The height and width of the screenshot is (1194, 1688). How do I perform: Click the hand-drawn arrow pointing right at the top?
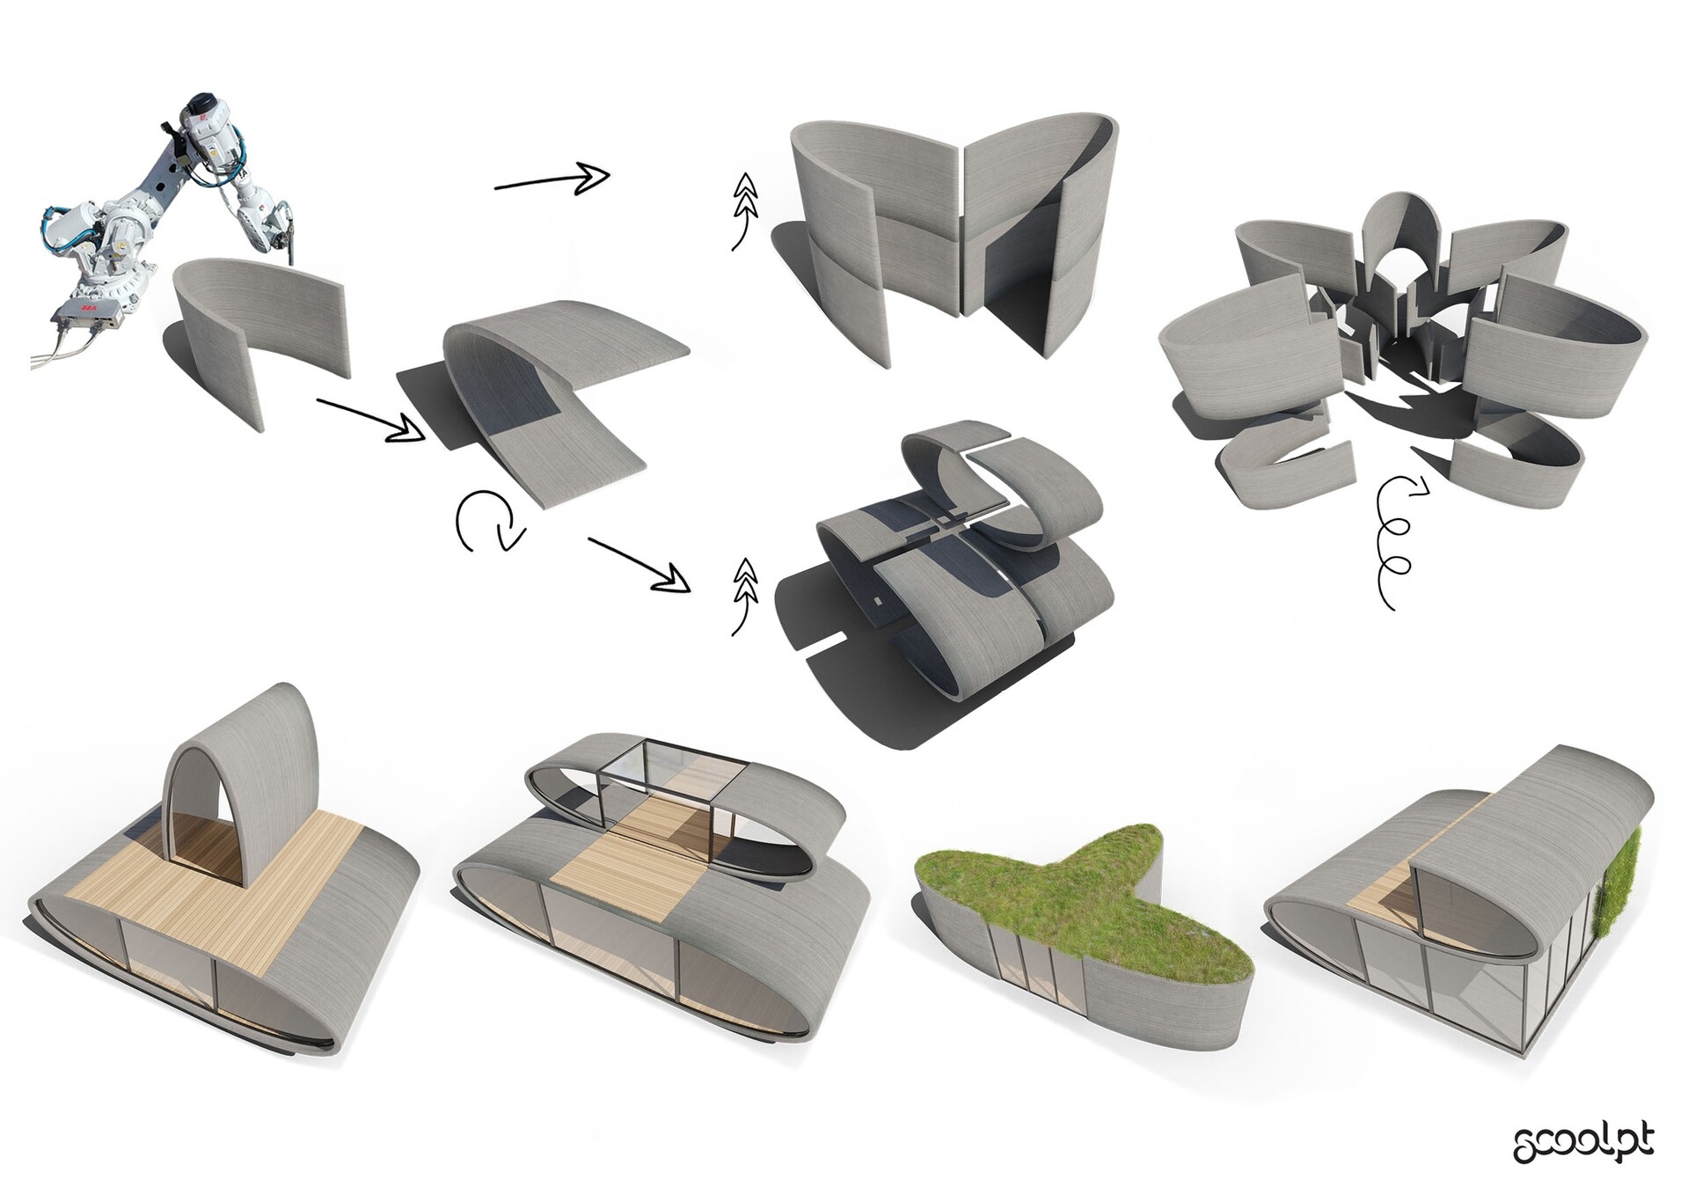pyautogui.click(x=552, y=179)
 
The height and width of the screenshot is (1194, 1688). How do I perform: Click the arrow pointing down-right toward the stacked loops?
pyautogui.click(x=637, y=563)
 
